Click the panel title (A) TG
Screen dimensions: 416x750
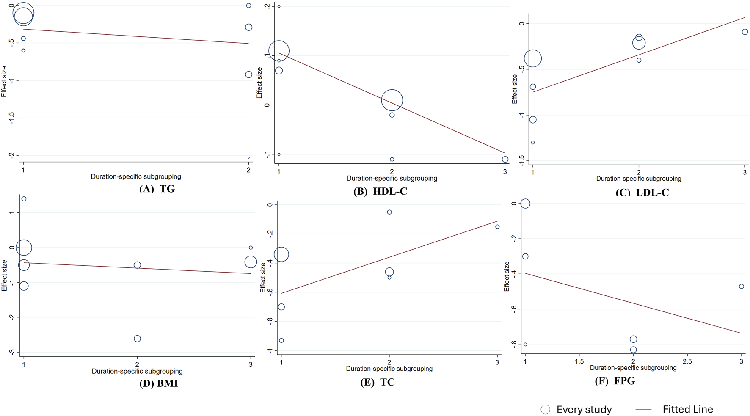click(157, 189)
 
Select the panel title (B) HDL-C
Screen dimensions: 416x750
click(380, 191)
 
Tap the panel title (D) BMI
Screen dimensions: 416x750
click(158, 383)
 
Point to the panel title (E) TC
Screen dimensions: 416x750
click(377, 382)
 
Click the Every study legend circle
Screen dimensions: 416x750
click(546, 409)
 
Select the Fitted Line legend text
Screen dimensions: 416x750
click(687, 409)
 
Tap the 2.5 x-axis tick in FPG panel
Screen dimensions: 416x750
click(687, 361)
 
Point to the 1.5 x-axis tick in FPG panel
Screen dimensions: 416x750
click(579, 361)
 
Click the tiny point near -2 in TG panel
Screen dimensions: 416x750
click(248, 158)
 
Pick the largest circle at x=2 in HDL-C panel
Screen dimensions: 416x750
click(392, 100)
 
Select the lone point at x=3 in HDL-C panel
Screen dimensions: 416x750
click(505, 160)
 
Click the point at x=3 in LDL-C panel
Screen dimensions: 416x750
click(745, 32)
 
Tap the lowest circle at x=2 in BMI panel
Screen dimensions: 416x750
click(137, 339)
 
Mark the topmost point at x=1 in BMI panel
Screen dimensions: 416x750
click(24, 199)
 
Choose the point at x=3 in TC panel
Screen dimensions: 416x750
click(497, 227)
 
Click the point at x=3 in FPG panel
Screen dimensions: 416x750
click(742, 287)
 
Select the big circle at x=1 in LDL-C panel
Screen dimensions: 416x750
click(533, 58)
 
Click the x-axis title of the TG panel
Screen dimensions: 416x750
click(136, 176)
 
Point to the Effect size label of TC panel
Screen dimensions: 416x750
click(263, 277)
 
